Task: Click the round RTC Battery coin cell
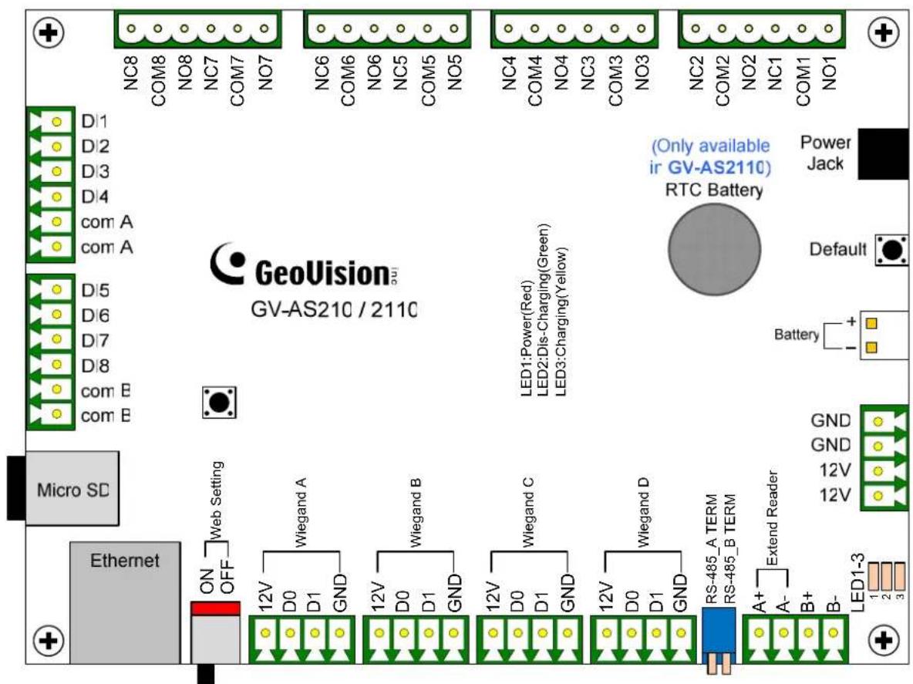click(x=714, y=249)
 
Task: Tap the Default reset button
click(x=891, y=251)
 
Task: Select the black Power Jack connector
click(x=883, y=153)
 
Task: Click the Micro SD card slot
click(x=72, y=488)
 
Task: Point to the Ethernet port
click(x=125, y=602)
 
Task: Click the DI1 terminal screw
click(x=56, y=122)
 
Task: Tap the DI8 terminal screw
click(x=56, y=365)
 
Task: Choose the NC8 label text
click(x=131, y=72)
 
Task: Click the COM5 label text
click(x=429, y=81)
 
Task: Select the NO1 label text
click(x=829, y=72)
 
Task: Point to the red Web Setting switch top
click(x=215, y=609)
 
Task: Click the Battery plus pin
click(x=871, y=324)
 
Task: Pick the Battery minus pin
click(x=871, y=348)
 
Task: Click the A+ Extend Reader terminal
click(x=759, y=633)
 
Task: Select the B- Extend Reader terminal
click(x=834, y=633)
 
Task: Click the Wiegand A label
click(x=301, y=512)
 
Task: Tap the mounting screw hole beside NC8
click(x=49, y=32)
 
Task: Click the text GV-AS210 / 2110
click(x=334, y=309)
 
